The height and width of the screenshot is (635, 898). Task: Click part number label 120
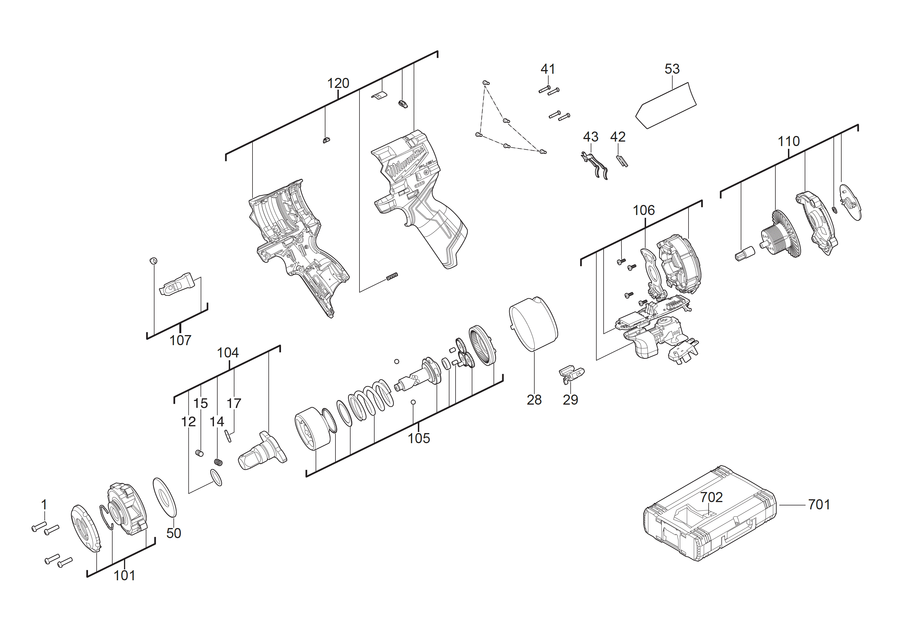coord(338,83)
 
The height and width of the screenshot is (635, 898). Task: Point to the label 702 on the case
coord(711,497)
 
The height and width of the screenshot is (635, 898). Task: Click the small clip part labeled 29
coord(571,373)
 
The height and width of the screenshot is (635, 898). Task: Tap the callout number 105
coord(418,438)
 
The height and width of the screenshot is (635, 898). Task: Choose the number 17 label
coord(234,403)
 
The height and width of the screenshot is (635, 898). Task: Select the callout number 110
coord(788,141)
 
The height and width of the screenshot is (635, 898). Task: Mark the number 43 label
coord(590,137)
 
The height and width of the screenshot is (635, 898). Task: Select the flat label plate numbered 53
coord(666,106)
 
